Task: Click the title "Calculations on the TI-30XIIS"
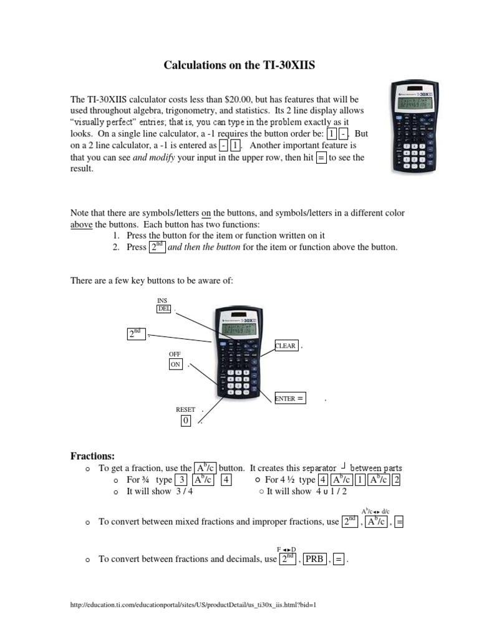pos(239,65)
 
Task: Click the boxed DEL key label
pos(163,308)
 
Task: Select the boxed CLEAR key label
pos(286,346)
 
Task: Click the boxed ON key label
pos(175,365)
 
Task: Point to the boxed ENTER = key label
pos(290,399)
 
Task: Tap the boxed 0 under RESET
pos(185,421)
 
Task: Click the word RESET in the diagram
pos(185,409)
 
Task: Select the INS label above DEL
pos(162,300)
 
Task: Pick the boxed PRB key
pos(314,559)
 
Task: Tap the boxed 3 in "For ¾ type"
pos(181,480)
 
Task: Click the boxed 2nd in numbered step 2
pos(157,247)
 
